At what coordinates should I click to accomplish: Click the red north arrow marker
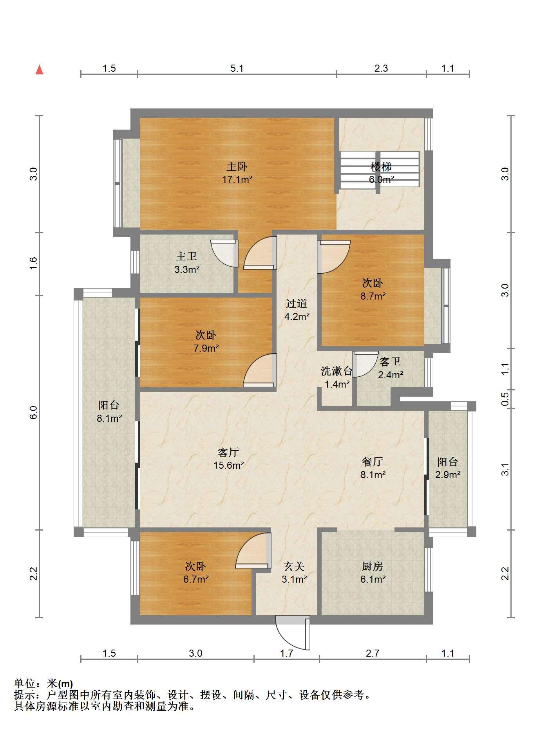pos(39,70)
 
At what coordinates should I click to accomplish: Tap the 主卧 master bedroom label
pos(237,167)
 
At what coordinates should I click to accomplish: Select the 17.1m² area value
pos(237,180)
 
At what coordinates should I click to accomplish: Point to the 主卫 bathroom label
pos(186,256)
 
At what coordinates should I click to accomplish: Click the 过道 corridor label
pos(297,303)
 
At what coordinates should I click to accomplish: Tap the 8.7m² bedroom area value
pos(373,296)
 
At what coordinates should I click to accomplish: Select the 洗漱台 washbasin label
pos(337,371)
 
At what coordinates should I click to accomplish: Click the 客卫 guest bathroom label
pos(390,361)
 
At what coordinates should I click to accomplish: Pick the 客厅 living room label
pos(228,453)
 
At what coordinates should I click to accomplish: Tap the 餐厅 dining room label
pos(373,462)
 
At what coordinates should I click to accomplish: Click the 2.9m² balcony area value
pos(448,475)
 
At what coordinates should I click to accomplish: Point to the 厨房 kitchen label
pos(373,566)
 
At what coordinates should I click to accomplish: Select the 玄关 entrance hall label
pos(294,566)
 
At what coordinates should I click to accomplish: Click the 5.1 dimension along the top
pos(237,69)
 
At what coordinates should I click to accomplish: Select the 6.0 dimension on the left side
pos(34,413)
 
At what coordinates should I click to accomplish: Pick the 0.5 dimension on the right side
pos(506,399)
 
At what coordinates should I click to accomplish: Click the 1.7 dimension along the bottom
pos(287,654)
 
